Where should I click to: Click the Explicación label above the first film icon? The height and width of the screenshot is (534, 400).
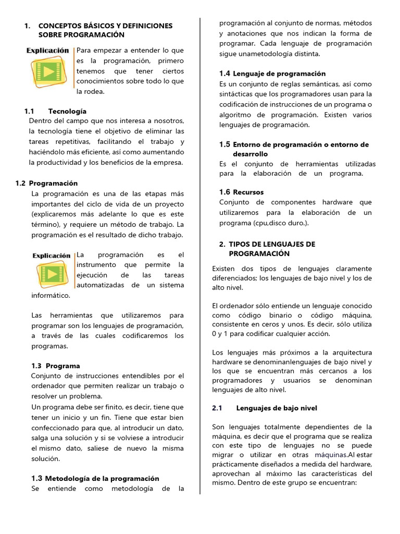pos(47,51)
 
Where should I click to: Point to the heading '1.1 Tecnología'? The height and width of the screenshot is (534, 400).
pos(67,111)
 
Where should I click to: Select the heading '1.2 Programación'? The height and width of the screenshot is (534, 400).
pos(46,183)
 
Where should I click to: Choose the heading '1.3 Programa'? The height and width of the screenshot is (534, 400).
pos(56,366)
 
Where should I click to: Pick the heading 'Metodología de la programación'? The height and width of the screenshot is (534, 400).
pos(102,478)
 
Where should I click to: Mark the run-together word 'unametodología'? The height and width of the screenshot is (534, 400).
pos(268,54)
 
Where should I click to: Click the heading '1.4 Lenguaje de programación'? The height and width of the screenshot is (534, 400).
pos(272,74)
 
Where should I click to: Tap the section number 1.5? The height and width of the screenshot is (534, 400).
pos(224,144)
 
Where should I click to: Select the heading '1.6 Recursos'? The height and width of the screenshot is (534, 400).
pos(242,192)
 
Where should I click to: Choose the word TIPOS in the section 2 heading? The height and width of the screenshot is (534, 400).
pos(240,244)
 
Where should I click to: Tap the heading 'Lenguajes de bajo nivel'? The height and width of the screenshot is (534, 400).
pos(277,408)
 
